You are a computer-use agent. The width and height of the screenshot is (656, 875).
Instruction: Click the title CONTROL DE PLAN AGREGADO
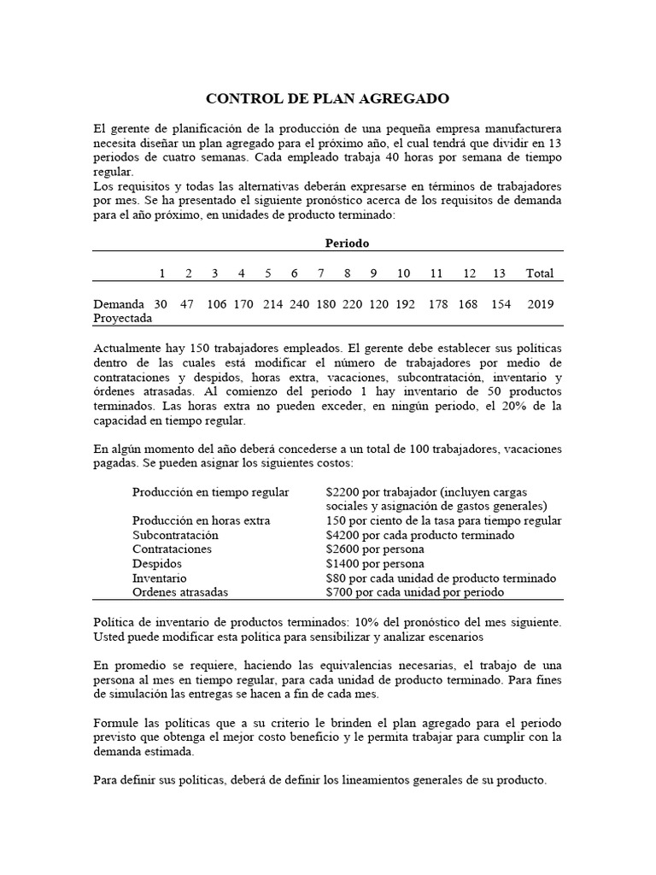coord(327,99)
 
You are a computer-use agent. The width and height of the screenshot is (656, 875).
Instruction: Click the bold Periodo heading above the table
coord(347,244)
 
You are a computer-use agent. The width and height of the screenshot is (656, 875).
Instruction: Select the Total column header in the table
coord(540,273)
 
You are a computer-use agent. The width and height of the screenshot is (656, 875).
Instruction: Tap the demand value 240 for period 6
coord(294,304)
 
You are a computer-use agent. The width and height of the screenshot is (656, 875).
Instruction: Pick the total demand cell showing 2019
coord(541,304)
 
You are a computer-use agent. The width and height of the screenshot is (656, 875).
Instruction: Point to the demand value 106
coord(216,304)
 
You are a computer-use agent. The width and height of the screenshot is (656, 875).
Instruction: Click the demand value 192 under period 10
coord(403,304)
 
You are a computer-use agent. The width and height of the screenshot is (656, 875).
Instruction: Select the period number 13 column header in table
coord(499,273)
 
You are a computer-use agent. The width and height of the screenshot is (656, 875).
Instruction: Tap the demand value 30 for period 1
coord(161,304)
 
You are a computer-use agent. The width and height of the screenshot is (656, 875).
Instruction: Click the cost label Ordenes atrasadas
coord(179,592)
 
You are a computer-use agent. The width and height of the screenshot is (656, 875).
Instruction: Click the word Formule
coord(117,723)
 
